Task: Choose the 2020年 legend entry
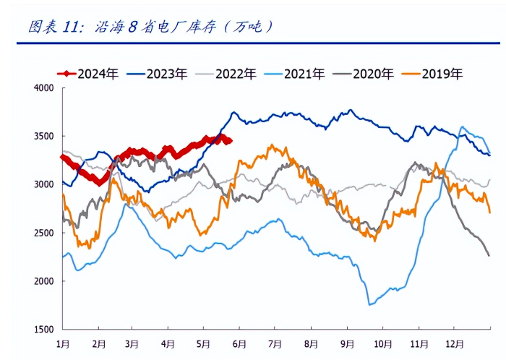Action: [x=373, y=73]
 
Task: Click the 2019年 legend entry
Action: [x=442, y=73]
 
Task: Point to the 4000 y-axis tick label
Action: [x=44, y=88]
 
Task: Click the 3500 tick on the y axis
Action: [x=44, y=137]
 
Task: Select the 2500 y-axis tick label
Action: [x=44, y=233]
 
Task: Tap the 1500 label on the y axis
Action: [x=44, y=330]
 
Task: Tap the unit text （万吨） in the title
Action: [x=249, y=27]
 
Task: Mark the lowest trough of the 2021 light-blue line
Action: [x=370, y=304]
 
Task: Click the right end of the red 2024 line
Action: [x=230, y=141]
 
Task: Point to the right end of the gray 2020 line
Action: [x=489, y=255]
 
